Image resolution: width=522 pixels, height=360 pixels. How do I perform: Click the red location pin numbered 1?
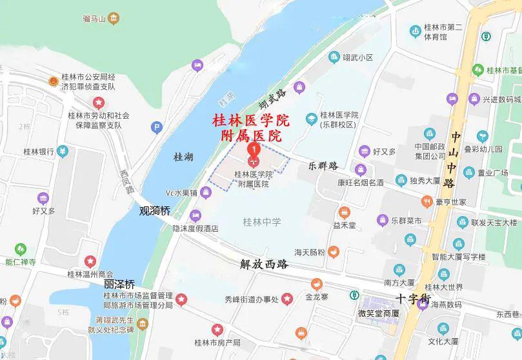coord(254,150)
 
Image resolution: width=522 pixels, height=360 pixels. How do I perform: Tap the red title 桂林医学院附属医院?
coord(252,128)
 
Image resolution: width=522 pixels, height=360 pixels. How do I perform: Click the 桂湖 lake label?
coord(184,157)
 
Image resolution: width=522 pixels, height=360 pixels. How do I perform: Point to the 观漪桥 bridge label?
coord(156,210)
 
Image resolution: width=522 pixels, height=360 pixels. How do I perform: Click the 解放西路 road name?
coord(264,264)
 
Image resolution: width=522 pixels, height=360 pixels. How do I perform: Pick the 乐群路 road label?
coord(323,166)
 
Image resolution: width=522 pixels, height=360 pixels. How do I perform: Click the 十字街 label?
coord(413,299)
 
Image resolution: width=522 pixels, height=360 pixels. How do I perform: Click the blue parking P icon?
coord(156,128)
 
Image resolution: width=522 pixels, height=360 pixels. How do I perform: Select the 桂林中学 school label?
coord(261,222)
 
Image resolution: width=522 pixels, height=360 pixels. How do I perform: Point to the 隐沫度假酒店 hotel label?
coord(195,228)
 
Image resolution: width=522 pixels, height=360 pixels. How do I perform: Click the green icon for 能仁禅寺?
coord(21,248)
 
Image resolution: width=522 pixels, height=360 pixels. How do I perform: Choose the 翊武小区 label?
coord(358,57)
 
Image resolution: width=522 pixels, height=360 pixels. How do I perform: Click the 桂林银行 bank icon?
coord(62,152)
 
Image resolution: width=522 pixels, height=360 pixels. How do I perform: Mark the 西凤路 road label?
coord(126,181)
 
